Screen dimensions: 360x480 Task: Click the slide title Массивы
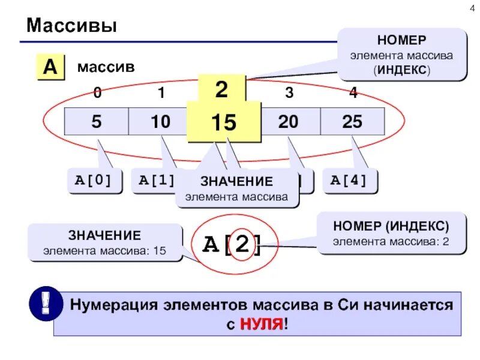71,26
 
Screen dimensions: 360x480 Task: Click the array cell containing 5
97,122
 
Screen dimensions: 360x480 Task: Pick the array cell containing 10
160,122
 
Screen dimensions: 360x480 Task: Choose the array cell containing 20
288,122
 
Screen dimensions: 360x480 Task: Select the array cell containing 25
352,122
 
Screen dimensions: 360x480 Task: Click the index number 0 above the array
97,92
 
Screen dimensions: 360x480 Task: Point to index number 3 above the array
289,92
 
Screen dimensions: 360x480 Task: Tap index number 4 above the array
353,92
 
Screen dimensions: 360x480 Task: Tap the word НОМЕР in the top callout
402,40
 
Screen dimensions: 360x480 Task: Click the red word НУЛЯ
261,325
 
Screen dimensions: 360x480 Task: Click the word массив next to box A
106,67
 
